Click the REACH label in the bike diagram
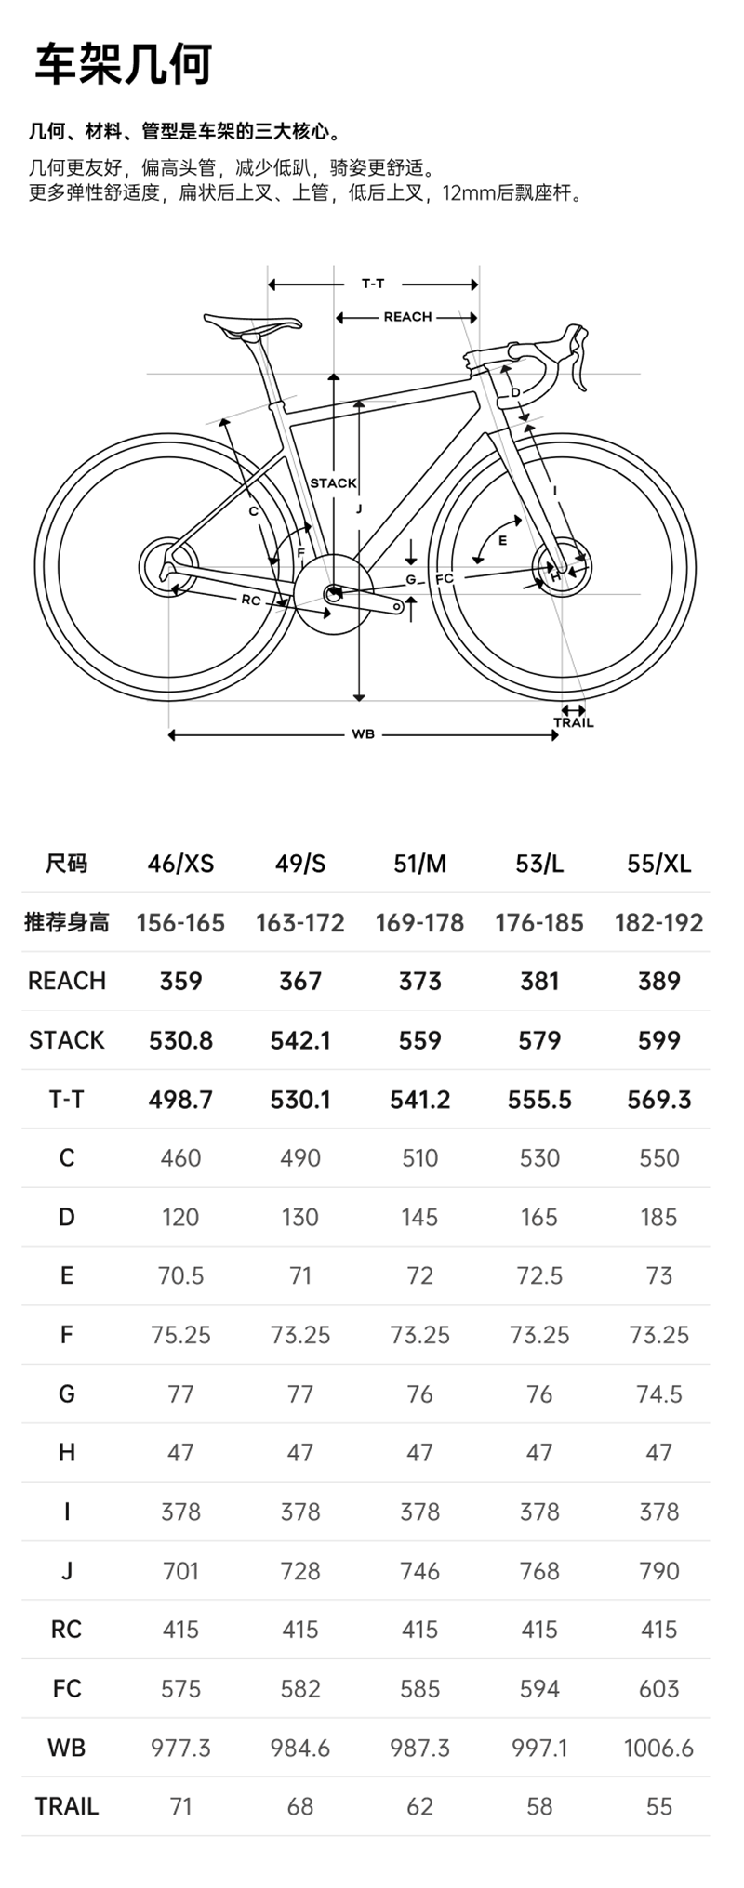[x=407, y=317]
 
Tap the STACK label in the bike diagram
[x=333, y=482]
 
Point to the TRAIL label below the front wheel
[x=573, y=722]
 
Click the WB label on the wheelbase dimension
[x=363, y=734]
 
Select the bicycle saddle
[x=253, y=324]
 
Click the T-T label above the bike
[x=373, y=284]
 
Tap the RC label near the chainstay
[x=251, y=600]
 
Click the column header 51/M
[x=419, y=864]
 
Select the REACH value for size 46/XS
[x=180, y=981]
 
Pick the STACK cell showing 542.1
[x=300, y=1040]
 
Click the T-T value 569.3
[x=658, y=1100]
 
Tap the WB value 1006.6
[x=658, y=1748]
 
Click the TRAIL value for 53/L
[x=539, y=1806]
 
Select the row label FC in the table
[x=67, y=1688]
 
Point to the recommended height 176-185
[x=539, y=923]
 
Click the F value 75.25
[x=180, y=1335]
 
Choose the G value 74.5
[x=658, y=1393]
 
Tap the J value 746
[x=419, y=1570]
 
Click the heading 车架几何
[x=124, y=64]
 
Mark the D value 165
[x=539, y=1217]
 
